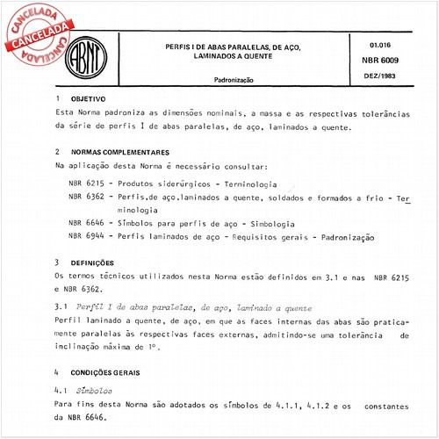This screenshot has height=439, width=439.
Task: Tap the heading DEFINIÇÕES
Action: tap(91, 263)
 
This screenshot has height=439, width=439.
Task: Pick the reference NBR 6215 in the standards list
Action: tap(85, 184)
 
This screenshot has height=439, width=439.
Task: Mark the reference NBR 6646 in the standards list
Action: tap(85, 225)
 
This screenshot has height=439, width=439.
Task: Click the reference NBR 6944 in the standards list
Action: tap(85, 238)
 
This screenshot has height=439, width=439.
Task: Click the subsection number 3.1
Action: tap(61, 308)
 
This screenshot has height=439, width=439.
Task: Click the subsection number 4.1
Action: tap(61, 389)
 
